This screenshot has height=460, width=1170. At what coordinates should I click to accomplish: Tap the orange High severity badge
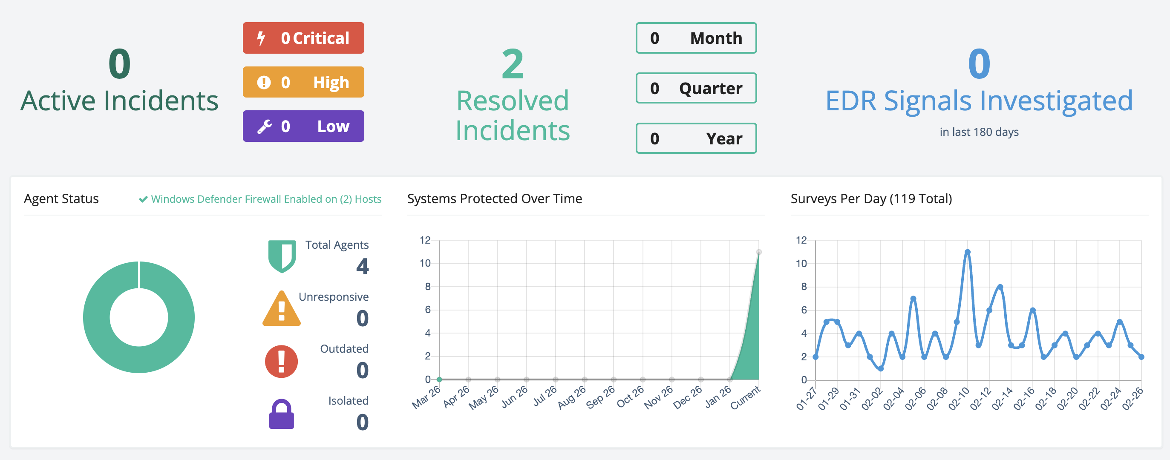tap(303, 82)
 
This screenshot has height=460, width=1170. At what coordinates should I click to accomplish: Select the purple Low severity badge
tap(303, 126)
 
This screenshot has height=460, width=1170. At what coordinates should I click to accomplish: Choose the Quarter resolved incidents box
tap(696, 88)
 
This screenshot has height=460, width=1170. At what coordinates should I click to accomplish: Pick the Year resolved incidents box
tap(696, 138)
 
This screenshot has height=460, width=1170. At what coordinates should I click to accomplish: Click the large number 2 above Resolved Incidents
tap(513, 64)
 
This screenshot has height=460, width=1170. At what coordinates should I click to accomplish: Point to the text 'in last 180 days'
tap(979, 132)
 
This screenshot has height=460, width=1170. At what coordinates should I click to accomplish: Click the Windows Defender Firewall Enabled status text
tap(266, 199)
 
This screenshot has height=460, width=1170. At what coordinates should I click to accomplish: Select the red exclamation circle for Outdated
tap(282, 362)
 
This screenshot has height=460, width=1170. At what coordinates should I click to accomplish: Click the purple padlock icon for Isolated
tap(282, 414)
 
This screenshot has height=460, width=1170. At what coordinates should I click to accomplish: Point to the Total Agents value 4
tap(362, 267)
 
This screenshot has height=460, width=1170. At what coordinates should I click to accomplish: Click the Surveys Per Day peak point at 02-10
tap(968, 252)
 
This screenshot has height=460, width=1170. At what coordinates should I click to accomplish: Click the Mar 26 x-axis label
tap(427, 397)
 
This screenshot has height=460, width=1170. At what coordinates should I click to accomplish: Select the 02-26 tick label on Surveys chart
tap(1133, 399)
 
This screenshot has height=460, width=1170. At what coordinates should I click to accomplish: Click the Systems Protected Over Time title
tap(494, 199)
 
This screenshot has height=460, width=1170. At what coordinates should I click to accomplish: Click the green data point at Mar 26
tap(439, 379)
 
